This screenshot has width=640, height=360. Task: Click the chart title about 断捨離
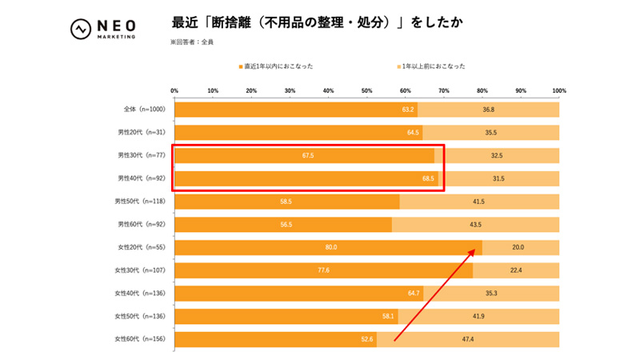point(316,22)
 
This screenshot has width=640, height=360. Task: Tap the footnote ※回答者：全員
point(191,42)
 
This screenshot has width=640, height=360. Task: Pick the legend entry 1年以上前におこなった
point(431,66)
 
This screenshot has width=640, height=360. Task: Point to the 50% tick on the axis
point(367,90)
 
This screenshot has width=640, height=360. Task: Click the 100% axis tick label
point(558,90)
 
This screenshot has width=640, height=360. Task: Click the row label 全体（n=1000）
point(140,110)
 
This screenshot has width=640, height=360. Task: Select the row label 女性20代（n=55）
point(141,248)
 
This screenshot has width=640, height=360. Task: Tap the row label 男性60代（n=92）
point(141,225)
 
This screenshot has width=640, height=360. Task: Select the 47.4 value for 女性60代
point(467,340)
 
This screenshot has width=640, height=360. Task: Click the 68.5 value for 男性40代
point(428,178)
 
